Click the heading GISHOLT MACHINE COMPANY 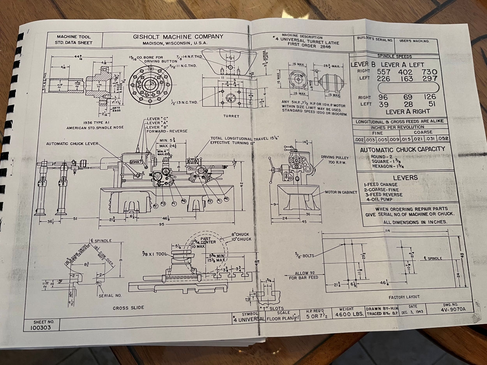(x=178, y=37)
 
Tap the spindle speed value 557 (x=384, y=72)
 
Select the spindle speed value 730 (x=429, y=72)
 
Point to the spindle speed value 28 (x=408, y=104)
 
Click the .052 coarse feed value (x=443, y=139)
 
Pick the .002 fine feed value (x=359, y=139)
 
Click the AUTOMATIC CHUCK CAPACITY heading (x=402, y=149)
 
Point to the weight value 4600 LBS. (x=346, y=314)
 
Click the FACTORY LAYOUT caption (x=404, y=297)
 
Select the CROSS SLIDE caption (x=128, y=308)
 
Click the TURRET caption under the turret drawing (x=231, y=116)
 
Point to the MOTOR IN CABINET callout (x=341, y=192)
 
